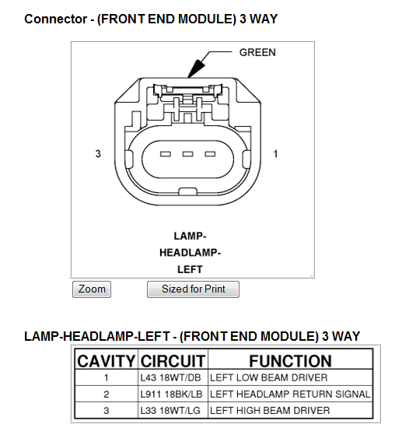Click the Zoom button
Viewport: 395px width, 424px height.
click(x=92, y=289)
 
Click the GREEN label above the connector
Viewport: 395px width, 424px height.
click(x=257, y=53)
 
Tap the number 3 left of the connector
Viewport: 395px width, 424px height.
click(x=98, y=154)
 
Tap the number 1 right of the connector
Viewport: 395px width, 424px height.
click(x=276, y=154)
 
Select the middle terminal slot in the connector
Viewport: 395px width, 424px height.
click(x=187, y=155)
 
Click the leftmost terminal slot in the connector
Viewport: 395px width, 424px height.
click(x=166, y=155)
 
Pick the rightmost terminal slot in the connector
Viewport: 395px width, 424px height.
click(x=209, y=155)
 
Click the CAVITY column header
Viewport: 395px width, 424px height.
click(x=107, y=361)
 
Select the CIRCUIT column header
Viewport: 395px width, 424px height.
click(x=173, y=361)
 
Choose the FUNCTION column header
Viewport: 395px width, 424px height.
click(x=290, y=361)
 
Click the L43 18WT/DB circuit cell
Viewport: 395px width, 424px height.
click(x=171, y=378)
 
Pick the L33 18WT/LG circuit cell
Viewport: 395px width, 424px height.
click(x=171, y=410)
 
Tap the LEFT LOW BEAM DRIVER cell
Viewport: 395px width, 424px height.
click(x=269, y=378)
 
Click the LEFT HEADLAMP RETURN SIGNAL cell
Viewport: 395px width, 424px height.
click(x=290, y=394)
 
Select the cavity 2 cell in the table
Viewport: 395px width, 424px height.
click(x=107, y=394)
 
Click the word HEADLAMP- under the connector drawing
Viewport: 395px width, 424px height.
click(x=191, y=253)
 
